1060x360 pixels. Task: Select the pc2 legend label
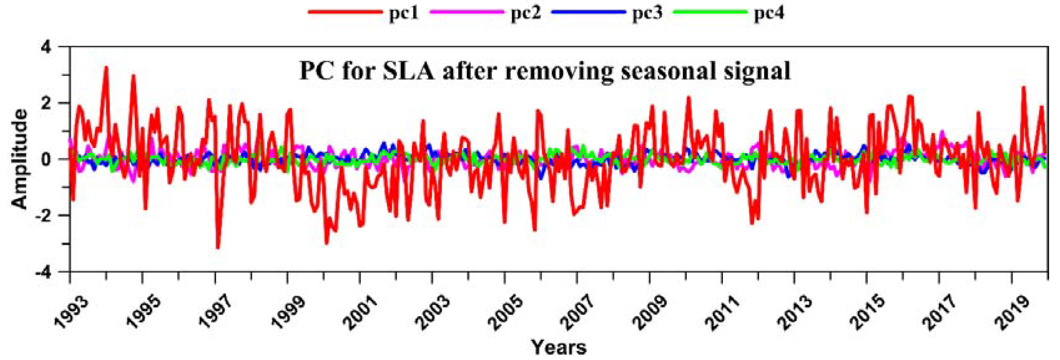[525, 13]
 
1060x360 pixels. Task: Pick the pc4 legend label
[769, 13]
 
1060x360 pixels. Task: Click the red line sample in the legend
[345, 12]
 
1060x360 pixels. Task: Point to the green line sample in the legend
[710, 12]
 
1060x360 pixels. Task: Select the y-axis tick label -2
[49, 215]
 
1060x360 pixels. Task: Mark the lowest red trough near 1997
[218, 247]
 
